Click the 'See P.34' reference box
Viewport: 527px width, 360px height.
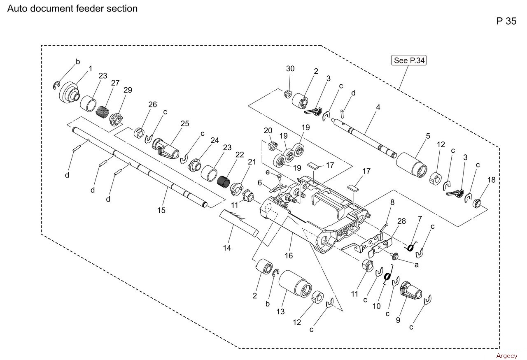coord(408,60)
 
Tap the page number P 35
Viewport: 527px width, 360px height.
coord(506,21)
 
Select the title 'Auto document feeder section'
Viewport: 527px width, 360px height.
coord(72,9)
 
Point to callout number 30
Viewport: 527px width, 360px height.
coord(290,69)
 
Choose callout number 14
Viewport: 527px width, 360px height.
coord(227,248)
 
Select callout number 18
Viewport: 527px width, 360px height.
coord(491,180)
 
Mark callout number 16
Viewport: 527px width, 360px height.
coord(289,255)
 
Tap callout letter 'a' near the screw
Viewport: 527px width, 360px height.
coord(417,265)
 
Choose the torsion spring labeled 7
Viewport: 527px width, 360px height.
coord(410,247)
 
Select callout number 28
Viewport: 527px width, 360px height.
coord(401,221)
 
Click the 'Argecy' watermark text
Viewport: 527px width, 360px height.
coord(506,356)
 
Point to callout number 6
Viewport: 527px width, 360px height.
coord(260,182)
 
